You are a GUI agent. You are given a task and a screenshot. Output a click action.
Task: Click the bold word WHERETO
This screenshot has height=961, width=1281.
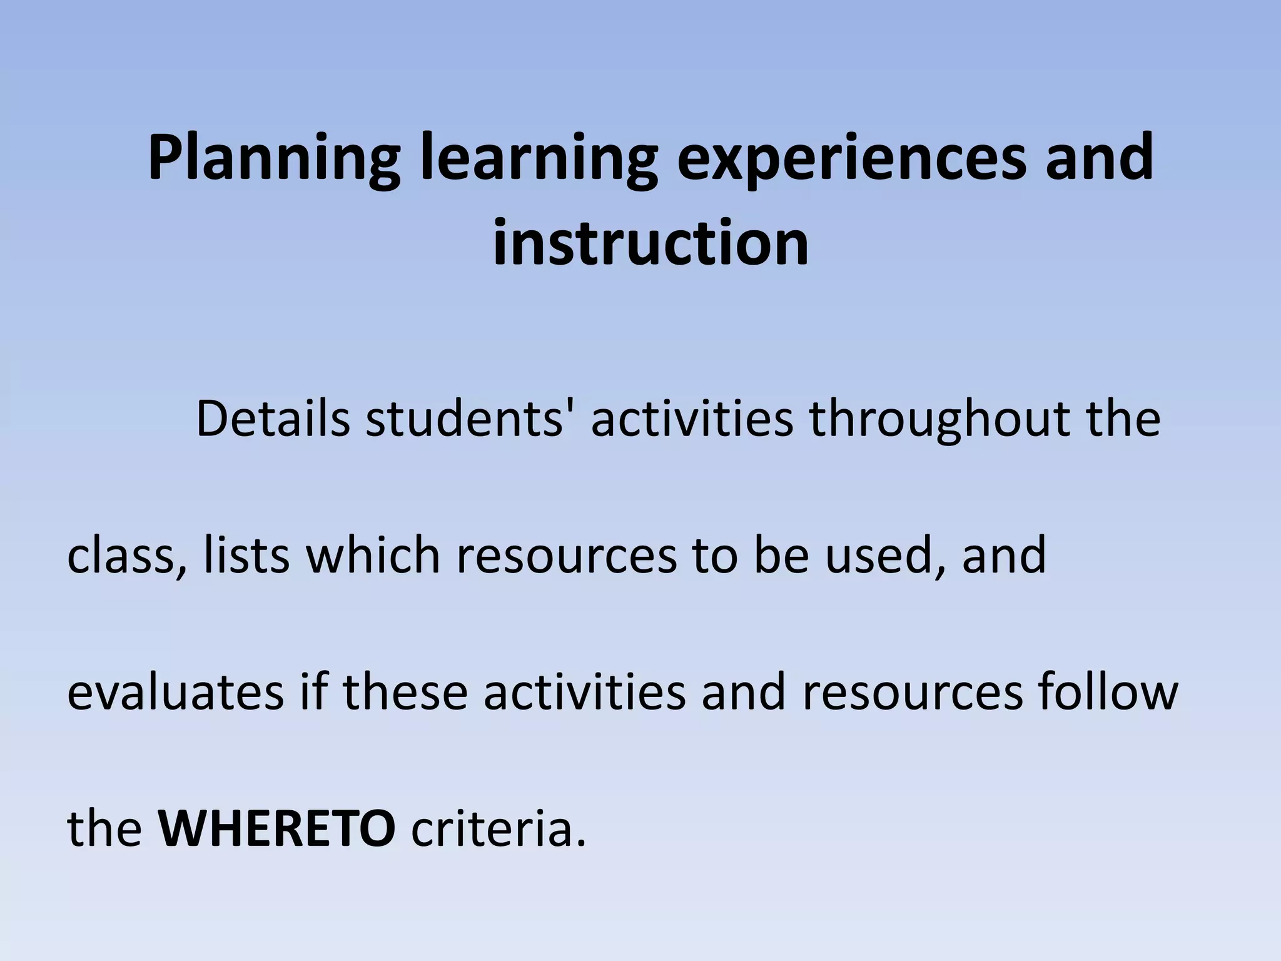276,828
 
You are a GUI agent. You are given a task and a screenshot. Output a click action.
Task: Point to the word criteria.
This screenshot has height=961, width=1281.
499,828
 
